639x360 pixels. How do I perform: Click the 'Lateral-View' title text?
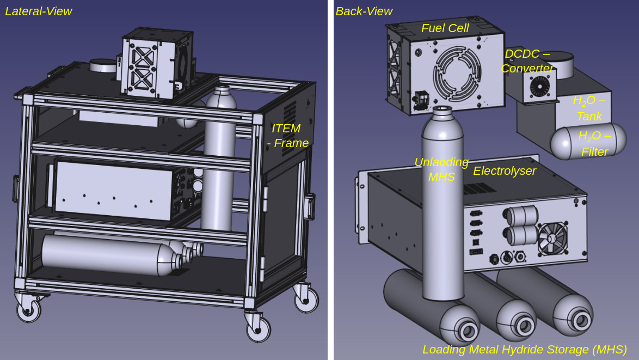click(38, 11)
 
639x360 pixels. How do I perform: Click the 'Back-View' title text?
click(364, 11)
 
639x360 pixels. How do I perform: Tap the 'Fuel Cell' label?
click(445, 28)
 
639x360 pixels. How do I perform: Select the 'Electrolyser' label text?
click(505, 171)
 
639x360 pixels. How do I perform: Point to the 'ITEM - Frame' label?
click(288, 136)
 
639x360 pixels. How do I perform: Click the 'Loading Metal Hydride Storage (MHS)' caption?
click(525, 350)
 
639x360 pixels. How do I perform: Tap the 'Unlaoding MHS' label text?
click(441, 169)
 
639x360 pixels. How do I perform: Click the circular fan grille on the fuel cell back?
click(457, 74)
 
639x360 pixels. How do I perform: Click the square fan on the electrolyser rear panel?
click(552, 239)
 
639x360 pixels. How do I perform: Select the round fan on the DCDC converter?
click(539, 87)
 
